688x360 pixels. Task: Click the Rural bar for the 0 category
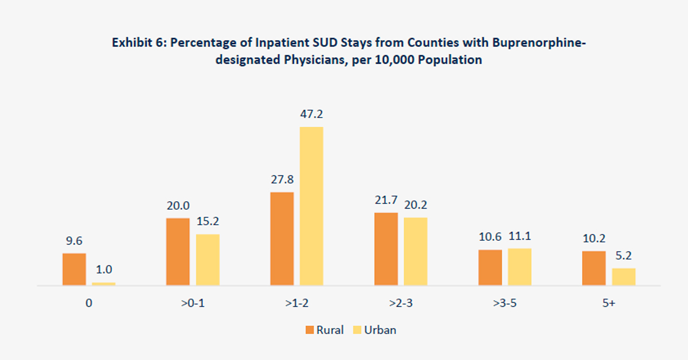click(74, 269)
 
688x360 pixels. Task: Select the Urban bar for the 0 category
click(104, 283)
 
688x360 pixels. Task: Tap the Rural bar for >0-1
click(178, 252)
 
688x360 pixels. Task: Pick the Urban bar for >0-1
click(208, 260)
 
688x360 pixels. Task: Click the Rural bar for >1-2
click(282, 238)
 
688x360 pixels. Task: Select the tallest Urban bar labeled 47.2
click(311, 206)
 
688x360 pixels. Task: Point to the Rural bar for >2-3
click(386, 249)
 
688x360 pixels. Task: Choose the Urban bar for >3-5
click(519, 267)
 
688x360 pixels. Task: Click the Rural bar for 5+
click(594, 268)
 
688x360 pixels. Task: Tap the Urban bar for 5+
click(624, 277)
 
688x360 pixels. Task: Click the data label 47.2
click(311, 115)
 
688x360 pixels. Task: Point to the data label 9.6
click(74, 241)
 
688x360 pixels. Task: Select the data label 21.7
click(386, 201)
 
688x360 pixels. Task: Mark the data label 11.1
click(519, 237)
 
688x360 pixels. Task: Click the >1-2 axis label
click(296, 303)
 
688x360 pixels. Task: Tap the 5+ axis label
click(609, 303)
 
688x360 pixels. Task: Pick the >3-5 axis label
click(505, 303)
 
